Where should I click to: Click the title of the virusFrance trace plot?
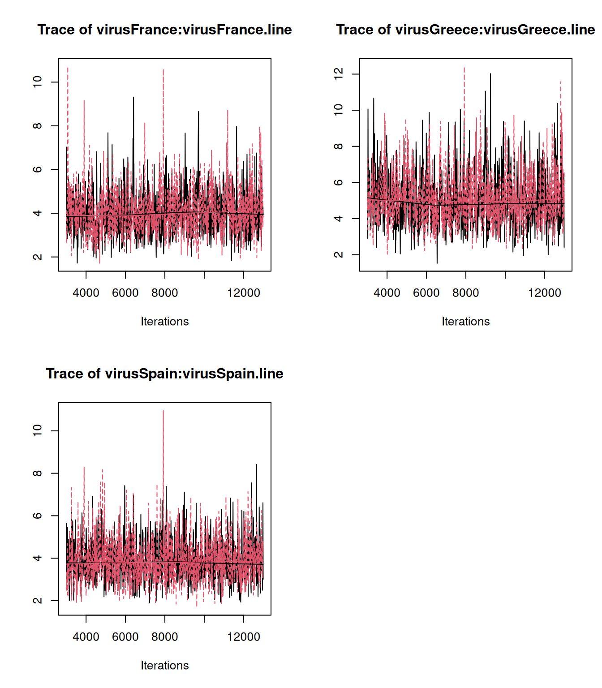pos(164,30)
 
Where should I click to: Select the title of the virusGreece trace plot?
pos(465,30)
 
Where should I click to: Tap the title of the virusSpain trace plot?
pos(164,374)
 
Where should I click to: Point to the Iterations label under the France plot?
pos(164,321)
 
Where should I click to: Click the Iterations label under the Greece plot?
pos(465,321)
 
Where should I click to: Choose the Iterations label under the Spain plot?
pos(164,665)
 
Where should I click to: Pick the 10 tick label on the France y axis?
pos(38,82)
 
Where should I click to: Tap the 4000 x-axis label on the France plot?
pos(86,293)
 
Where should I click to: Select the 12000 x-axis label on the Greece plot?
pos(544,293)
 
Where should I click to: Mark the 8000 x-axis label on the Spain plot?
pos(164,637)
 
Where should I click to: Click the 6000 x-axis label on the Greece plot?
pos(426,293)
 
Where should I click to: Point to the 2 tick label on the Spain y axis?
pos(38,600)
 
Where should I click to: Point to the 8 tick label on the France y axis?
pos(38,126)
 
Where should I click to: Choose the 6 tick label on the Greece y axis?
pos(339,182)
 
